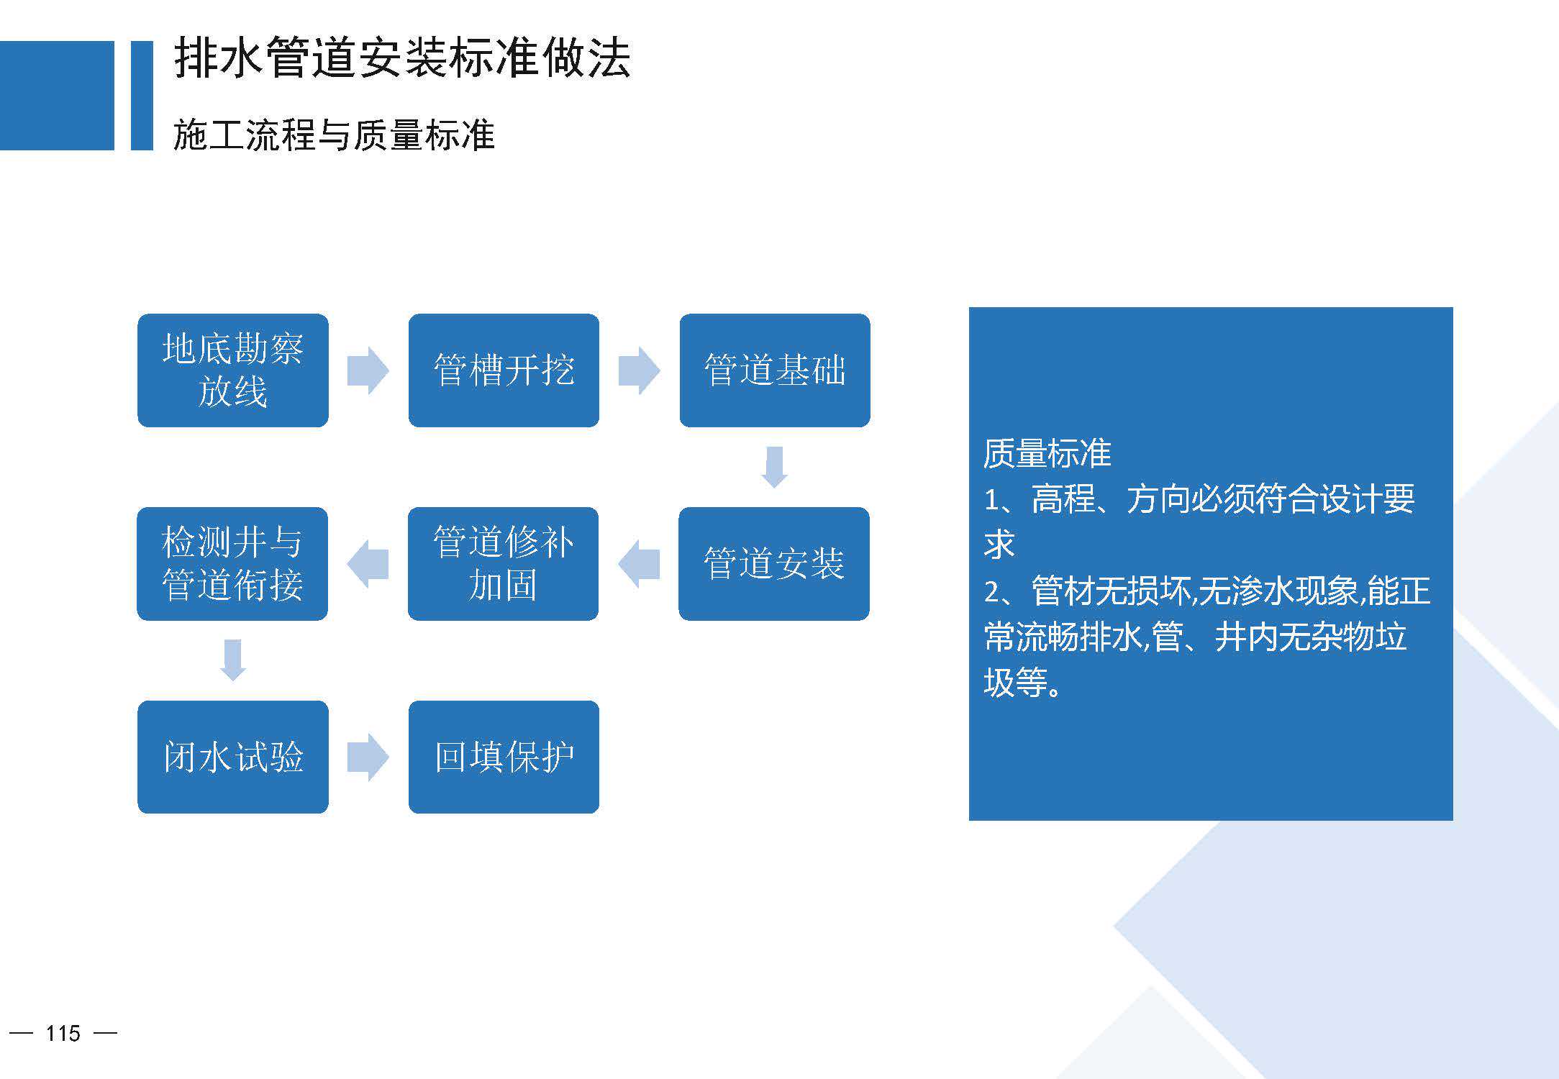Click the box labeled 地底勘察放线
pos(233,370)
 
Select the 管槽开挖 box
pos(504,370)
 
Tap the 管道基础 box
pos(775,370)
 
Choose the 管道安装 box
pos(774,564)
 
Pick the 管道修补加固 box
pos(503,564)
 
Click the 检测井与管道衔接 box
pos(232,564)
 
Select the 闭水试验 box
pos(233,757)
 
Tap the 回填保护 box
pos(504,757)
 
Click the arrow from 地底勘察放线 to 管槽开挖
pos(368,370)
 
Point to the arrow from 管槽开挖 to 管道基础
pos(639,370)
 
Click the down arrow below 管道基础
pos(775,468)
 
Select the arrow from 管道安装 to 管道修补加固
pos(639,564)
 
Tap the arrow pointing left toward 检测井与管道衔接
pos(368,564)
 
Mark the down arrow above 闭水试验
pos(233,660)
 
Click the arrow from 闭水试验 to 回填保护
pos(368,757)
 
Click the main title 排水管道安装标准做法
pos(403,58)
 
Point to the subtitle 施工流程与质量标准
pos(335,135)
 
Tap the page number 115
pos(63,1034)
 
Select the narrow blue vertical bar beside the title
pos(142,96)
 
